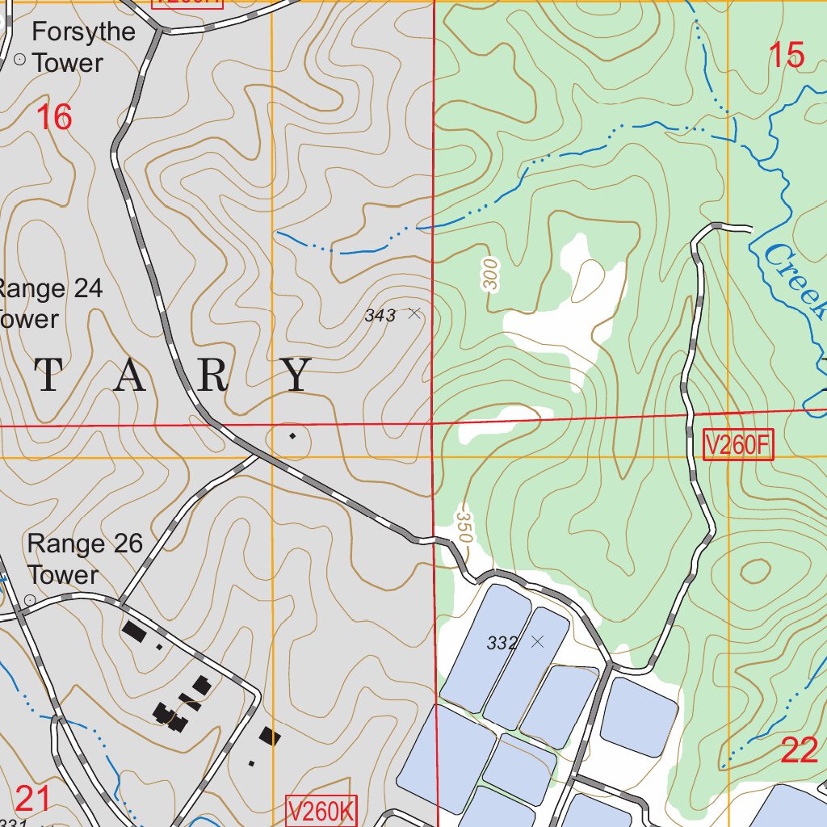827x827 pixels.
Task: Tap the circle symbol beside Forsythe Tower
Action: [20, 60]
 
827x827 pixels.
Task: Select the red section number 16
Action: [54, 118]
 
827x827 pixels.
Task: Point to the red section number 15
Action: [786, 56]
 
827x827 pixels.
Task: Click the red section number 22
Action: [800, 751]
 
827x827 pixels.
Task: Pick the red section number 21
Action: [33, 800]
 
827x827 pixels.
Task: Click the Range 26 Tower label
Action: [84, 559]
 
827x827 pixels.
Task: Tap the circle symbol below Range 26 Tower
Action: [30, 600]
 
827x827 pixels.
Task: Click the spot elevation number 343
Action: [380, 316]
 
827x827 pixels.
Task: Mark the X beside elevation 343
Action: [414, 313]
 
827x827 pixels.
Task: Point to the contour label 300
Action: [490, 275]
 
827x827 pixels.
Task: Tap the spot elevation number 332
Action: [502, 644]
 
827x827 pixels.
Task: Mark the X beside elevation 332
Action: [537, 642]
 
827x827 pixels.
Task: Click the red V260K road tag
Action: [321, 812]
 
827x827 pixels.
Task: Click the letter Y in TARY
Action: [298, 376]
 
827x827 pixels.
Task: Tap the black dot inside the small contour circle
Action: [292, 436]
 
